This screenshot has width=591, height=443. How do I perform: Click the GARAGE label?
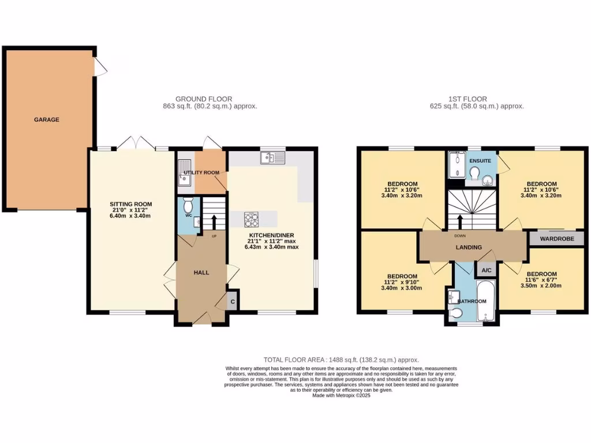(x=46, y=120)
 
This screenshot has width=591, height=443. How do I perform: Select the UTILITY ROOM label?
(x=201, y=172)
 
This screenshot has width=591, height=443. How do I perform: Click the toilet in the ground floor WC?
(x=188, y=205)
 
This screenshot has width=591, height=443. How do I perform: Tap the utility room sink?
(x=185, y=179)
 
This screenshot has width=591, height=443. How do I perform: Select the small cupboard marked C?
(x=233, y=302)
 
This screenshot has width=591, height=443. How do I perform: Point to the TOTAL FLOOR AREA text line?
(x=341, y=359)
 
